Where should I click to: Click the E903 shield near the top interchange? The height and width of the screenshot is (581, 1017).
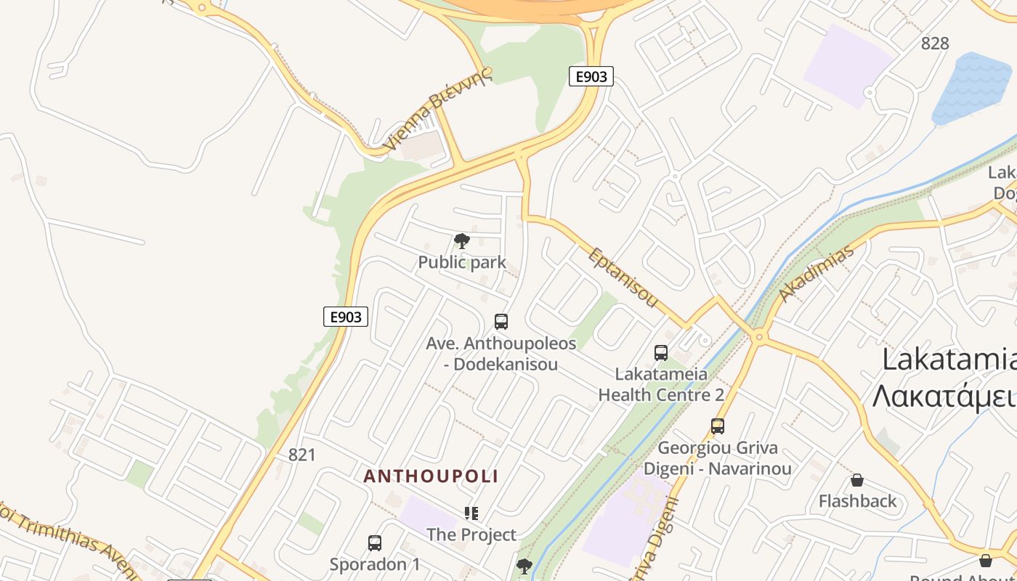tap(591, 76)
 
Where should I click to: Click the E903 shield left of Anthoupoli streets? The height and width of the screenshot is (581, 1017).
tap(346, 317)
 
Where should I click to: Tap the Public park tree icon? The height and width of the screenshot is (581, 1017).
tap(461, 241)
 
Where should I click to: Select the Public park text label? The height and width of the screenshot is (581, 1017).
tap(462, 262)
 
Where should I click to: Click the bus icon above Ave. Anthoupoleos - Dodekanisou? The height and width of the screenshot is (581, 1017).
tap(501, 321)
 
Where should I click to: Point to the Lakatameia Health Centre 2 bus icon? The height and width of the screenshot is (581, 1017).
tap(661, 353)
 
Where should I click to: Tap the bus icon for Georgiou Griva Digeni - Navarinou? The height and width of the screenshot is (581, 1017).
tap(718, 426)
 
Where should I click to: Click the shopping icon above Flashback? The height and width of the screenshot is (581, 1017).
tap(857, 480)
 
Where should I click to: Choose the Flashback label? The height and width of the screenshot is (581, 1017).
tap(858, 501)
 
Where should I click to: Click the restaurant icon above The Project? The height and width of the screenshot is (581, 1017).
tap(471, 513)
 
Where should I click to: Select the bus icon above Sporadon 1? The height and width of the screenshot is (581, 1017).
tap(375, 543)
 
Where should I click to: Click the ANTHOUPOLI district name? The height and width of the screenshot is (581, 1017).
tap(431, 476)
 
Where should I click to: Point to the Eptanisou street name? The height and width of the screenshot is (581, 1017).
tap(623, 277)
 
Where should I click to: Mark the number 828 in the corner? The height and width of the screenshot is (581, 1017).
tap(935, 44)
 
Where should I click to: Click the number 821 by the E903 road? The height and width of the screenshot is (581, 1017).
tap(302, 455)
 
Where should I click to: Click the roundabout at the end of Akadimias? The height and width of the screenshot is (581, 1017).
tap(759, 337)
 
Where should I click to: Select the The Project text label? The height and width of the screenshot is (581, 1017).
tap(471, 535)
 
